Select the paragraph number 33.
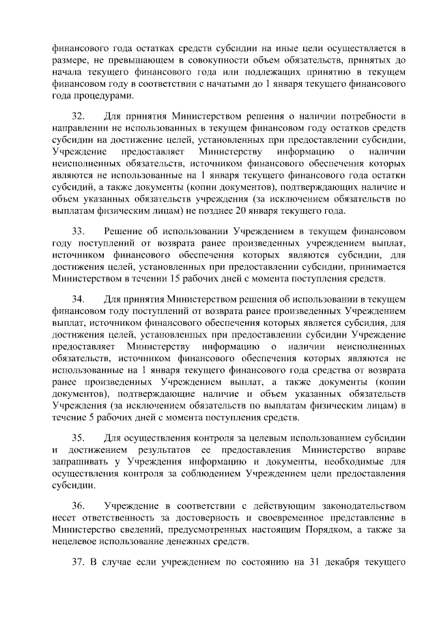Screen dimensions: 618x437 coord(79,232)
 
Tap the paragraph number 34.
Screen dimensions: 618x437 coord(79,298)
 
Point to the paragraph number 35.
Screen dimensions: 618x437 coord(79,438)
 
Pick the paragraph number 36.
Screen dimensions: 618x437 coord(79,505)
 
